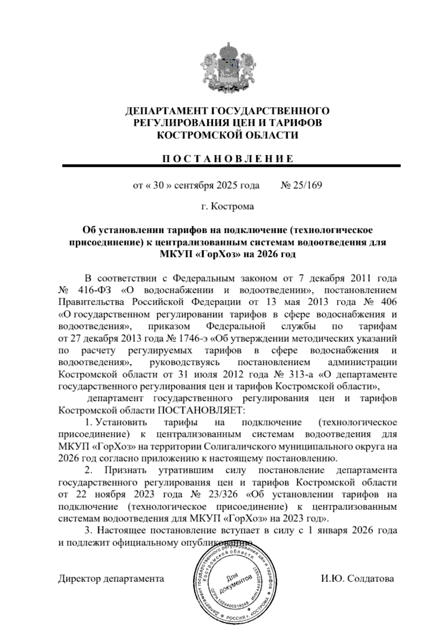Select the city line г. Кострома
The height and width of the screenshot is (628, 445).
coord(227,206)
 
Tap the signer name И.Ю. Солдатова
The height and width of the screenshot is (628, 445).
coord(357,579)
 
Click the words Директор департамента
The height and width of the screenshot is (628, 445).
coord(111,579)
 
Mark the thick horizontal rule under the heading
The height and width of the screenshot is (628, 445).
coord(231,166)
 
